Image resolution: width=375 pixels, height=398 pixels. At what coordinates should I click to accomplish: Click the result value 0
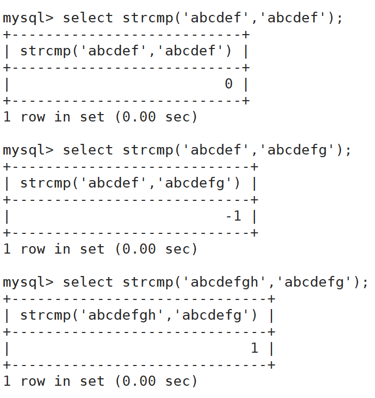(229, 84)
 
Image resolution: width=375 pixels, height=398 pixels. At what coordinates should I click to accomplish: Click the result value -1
(233, 216)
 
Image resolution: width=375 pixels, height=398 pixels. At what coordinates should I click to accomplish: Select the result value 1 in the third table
(254, 348)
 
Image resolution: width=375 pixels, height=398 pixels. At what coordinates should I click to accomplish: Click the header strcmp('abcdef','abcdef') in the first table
(126, 51)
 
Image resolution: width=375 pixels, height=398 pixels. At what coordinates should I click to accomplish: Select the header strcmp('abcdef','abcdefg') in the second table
(130, 183)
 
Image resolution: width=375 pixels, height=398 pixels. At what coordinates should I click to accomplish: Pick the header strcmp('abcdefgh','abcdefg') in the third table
(139, 315)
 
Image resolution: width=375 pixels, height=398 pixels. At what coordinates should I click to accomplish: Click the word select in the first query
(88, 18)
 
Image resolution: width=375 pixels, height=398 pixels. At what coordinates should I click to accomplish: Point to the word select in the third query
(88, 282)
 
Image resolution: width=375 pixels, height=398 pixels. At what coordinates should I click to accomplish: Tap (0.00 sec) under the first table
(156, 117)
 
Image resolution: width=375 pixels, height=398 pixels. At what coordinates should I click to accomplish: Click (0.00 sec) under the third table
(156, 381)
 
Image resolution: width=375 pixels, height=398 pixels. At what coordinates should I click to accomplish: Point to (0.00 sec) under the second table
(156, 249)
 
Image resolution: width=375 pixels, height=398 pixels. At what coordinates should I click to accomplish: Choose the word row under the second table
(32, 249)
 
